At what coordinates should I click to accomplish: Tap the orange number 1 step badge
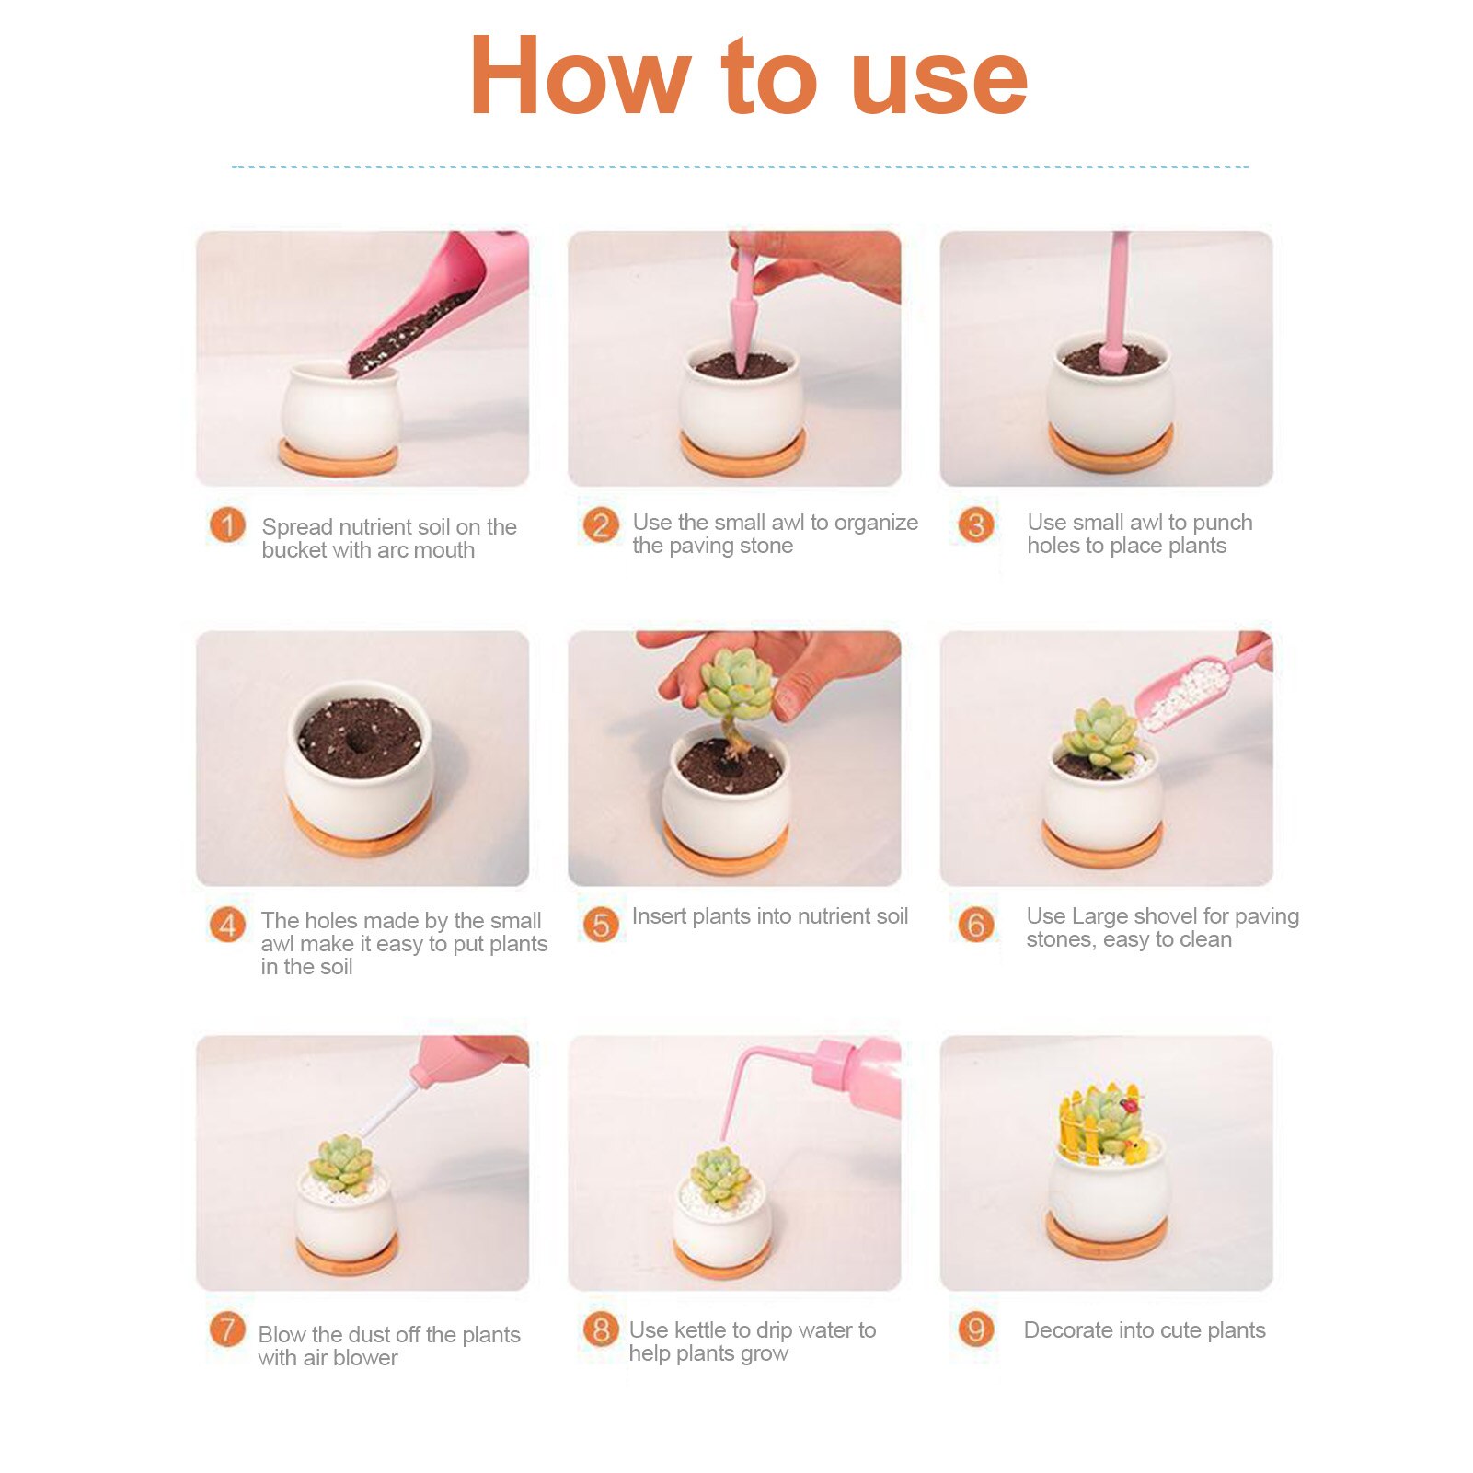click(227, 525)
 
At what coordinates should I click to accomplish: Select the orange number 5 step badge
click(601, 925)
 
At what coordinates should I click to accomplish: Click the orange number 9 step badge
click(976, 1329)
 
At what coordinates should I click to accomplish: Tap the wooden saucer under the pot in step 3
click(1111, 450)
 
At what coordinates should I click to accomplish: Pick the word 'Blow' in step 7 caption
click(282, 1334)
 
